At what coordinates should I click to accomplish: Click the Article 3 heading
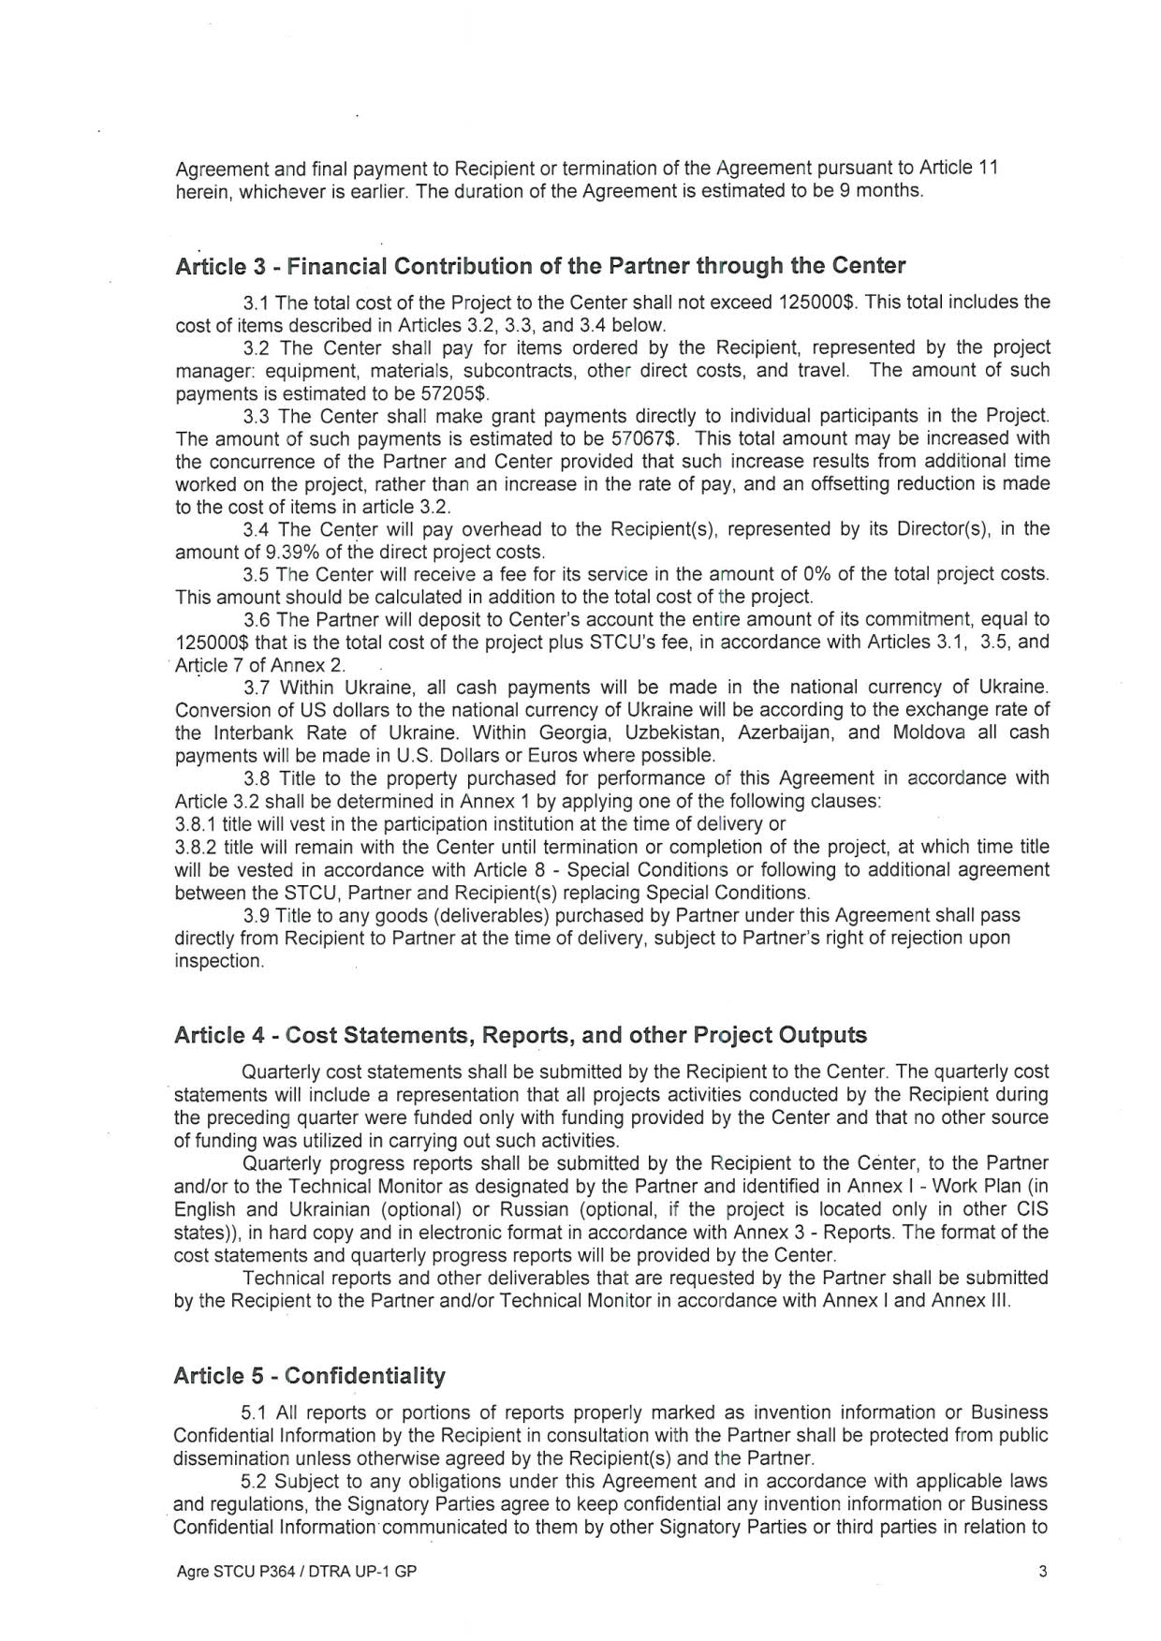pyautogui.click(x=540, y=266)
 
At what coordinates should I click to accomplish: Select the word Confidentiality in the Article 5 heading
pyautogui.click(x=365, y=1376)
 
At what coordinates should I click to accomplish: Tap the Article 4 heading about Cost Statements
pyautogui.click(x=521, y=1035)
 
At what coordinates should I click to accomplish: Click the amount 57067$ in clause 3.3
pyautogui.click(x=650, y=438)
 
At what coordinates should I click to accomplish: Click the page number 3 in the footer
pyautogui.click(x=1043, y=1573)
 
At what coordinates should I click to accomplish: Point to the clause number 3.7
pyautogui.click(x=257, y=687)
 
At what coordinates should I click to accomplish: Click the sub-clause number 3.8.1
pyautogui.click(x=196, y=824)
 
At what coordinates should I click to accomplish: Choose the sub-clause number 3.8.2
pyautogui.click(x=196, y=847)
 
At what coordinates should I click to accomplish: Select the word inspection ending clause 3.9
pyautogui.click(x=219, y=961)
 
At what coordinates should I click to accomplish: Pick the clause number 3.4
pyautogui.click(x=257, y=529)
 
